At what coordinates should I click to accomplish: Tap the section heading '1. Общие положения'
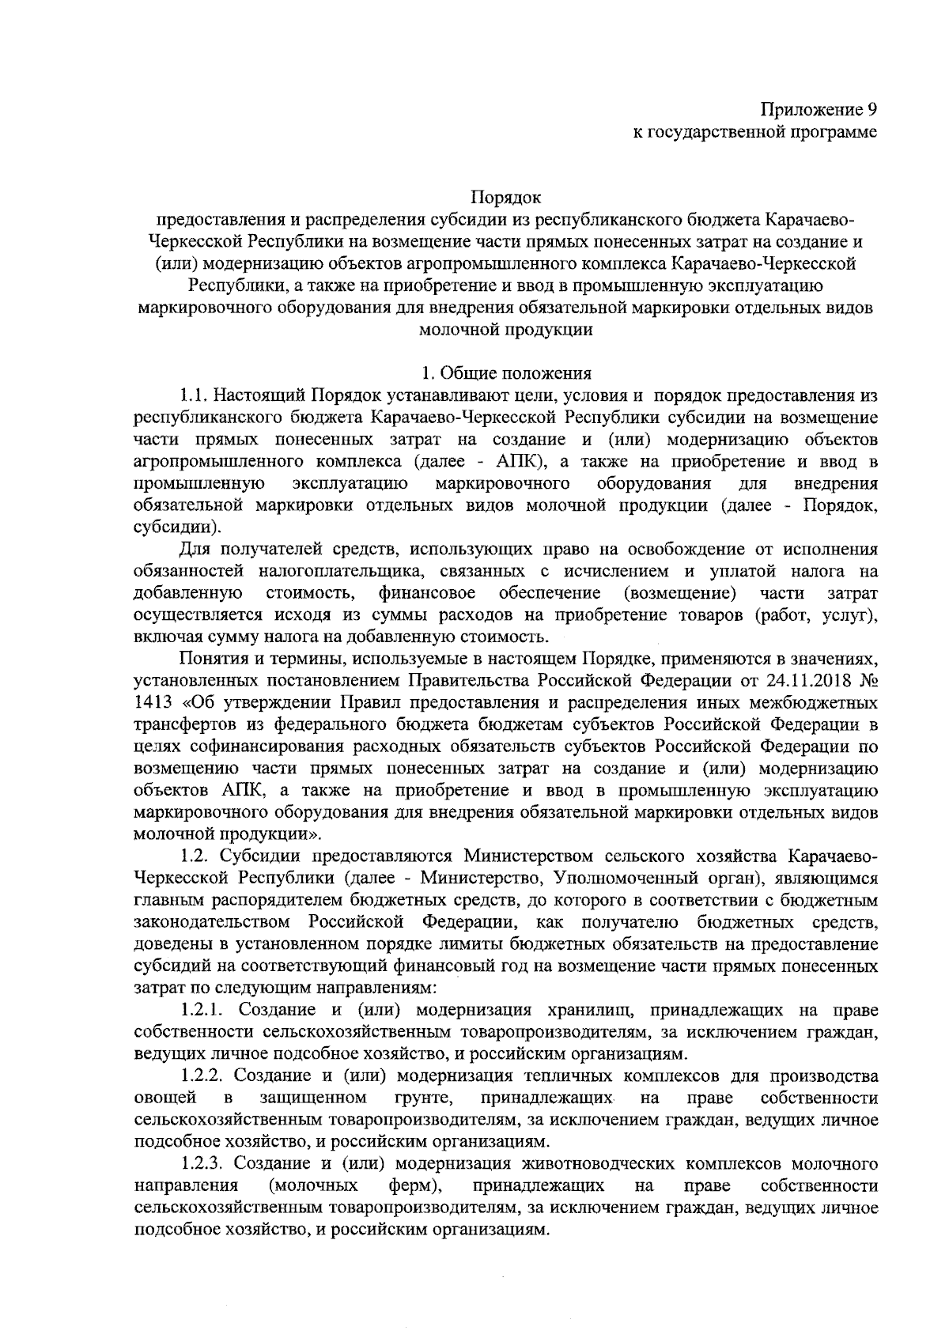[506, 372]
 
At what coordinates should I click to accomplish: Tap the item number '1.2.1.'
[203, 1010]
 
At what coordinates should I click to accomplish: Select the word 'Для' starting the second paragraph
[194, 549]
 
